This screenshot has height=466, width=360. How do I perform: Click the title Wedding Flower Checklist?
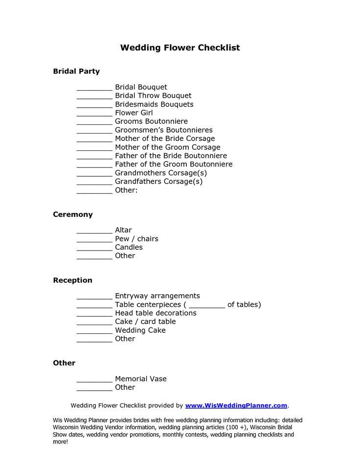(x=180, y=48)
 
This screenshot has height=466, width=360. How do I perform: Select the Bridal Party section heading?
(x=76, y=71)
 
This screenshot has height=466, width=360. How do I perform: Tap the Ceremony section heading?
(x=72, y=215)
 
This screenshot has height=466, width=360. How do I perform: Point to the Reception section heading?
(x=72, y=280)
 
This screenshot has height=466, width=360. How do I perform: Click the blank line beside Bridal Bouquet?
(x=94, y=89)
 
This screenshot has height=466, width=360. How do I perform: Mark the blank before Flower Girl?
(x=94, y=114)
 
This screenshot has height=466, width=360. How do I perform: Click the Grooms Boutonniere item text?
(x=151, y=121)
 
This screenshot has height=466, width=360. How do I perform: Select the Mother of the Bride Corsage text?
(x=165, y=139)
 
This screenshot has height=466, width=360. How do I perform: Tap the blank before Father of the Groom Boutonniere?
(x=94, y=165)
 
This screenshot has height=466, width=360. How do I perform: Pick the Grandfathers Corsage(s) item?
(x=158, y=182)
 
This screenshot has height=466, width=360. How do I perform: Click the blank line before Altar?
(x=94, y=232)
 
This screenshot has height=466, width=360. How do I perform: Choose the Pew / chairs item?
(x=136, y=239)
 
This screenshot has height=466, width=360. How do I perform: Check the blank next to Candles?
(x=94, y=249)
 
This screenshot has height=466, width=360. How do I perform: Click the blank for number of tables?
(x=207, y=306)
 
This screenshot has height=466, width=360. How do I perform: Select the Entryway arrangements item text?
(x=157, y=296)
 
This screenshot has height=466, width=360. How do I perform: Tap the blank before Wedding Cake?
(x=94, y=332)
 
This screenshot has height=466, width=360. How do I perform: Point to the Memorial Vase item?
(x=141, y=379)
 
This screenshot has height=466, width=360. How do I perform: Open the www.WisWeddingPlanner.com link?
(x=236, y=405)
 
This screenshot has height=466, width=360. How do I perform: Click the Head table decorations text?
(x=156, y=313)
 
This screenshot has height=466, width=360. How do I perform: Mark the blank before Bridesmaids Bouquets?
(x=94, y=106)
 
